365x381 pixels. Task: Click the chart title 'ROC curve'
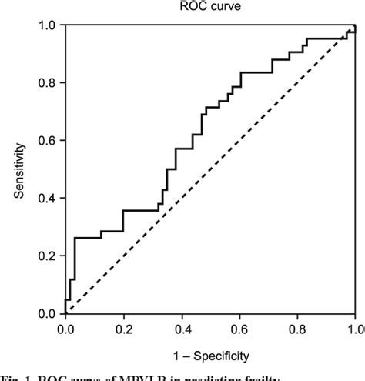pyautogui.click(x=211, y=8)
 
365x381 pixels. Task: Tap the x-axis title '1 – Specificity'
pyautogui.click(x=211, y=356)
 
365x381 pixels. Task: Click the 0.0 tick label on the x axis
pyautogui.click(x=66, y=329)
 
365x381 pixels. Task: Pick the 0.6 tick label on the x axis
pyautogui.click(x=239, y=329)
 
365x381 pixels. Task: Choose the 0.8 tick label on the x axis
pyautogui.click(x=297, y=329)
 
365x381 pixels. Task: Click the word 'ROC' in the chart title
pyautogui.click(x=196, y=8)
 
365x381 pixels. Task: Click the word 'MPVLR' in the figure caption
pyautogui.click(x=185, y=376)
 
